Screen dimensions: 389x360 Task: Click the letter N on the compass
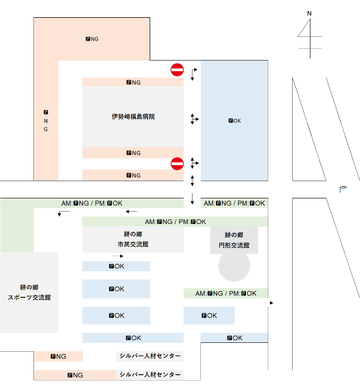(310, 13)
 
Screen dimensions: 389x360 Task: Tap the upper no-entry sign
(177, 69)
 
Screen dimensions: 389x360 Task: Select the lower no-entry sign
(177, 163)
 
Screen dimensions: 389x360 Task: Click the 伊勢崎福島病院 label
(133, 117)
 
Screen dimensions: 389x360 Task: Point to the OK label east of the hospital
(235, 121)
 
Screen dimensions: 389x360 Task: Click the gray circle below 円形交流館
(234, 266)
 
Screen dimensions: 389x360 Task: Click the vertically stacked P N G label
(46, 121)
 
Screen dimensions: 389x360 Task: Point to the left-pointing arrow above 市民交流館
(132, 212)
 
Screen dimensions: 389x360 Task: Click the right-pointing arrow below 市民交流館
(117, 256)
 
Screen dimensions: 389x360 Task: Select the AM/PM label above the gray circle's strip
(226, 293)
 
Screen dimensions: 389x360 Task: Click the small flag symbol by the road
(343, 189)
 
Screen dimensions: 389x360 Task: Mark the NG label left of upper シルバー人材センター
(58, 357)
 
